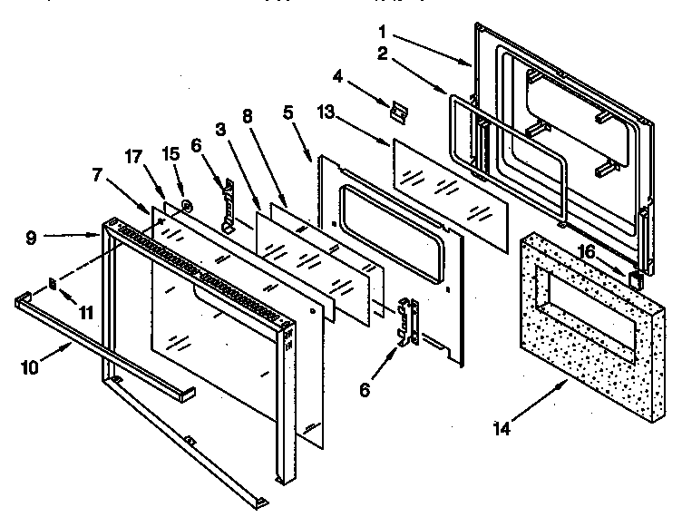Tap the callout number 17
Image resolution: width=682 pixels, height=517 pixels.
click(x=133, y=155)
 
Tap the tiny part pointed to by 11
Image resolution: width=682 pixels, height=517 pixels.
click(x=54, y=284)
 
